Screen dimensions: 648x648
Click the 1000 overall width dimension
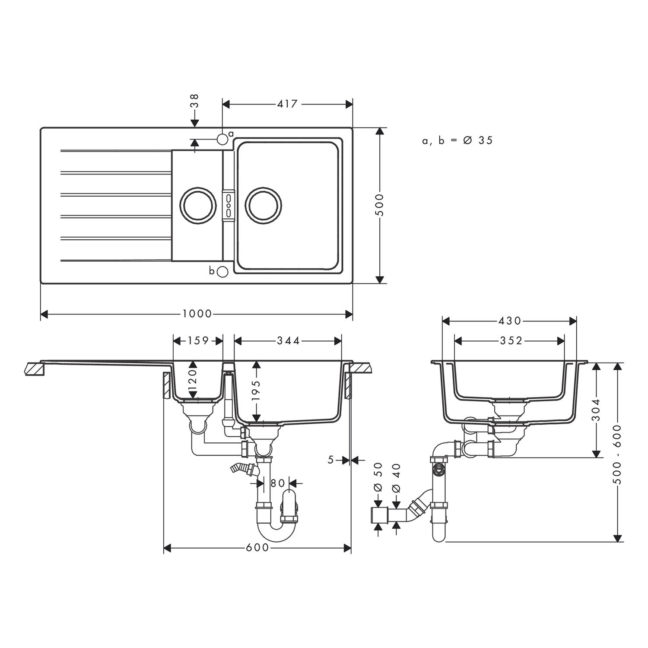[x=197, y=314]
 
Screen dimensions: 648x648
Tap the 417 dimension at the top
[x=288, y=104]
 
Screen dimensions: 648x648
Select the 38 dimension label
[x=195, y=101]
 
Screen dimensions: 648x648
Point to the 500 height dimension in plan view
[x=379, y=205]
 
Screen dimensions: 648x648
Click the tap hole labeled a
[x=222, y=139]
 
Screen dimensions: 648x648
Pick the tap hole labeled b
[x=222, y=272]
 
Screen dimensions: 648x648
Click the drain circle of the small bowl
[x=198, y=206]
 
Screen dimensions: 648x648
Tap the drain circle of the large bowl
[x=263, y=206]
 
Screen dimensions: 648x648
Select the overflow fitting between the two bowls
[x=228, y=206]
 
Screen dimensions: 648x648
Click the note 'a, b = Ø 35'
[x=457, y=140]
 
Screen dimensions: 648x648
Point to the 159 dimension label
[x=198, y=341]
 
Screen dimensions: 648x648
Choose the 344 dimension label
[x=288, y=341]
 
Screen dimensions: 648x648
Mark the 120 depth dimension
[x=193, y=379]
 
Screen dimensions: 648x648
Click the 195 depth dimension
[x=257, y=391]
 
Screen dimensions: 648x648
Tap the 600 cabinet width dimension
[x=257, y=548]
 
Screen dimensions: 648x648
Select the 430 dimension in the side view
[x=510, y=321]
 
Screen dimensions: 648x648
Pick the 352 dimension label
[x=511, y=341]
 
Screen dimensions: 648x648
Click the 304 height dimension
[x=596, y=409]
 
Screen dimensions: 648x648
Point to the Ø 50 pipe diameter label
[x=378, y=477]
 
